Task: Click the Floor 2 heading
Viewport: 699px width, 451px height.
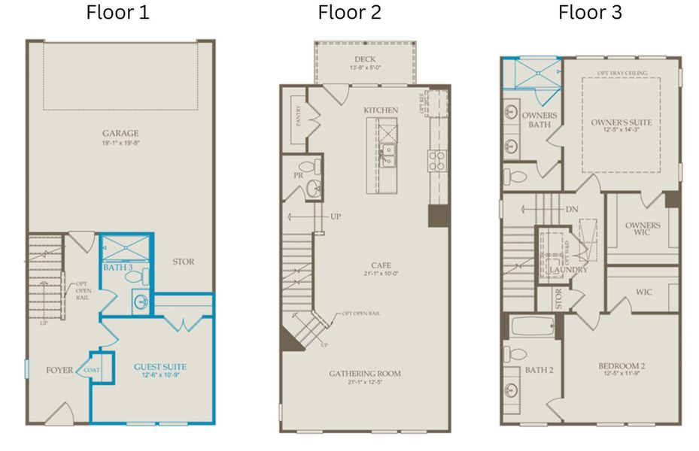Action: (x=349, y=12)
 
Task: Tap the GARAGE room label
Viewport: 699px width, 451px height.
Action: (x=120, y=134)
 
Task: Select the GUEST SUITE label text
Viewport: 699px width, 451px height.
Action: (x=160, y=367)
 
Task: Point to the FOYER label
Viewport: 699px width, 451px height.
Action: (x=59, y=370)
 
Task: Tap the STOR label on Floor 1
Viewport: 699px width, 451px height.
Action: (x=183, y=262)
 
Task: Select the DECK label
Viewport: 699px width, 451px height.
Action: (x=366, y=60)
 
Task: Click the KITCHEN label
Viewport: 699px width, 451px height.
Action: (x=381, y=110)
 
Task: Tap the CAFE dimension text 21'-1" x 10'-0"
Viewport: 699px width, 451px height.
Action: (x=381, y=274)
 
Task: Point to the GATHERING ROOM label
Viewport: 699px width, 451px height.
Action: (x=364, y=374)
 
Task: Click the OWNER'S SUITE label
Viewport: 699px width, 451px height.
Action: (x=621, y=123)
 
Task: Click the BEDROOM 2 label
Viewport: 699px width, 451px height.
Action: (x=622, y=367)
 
